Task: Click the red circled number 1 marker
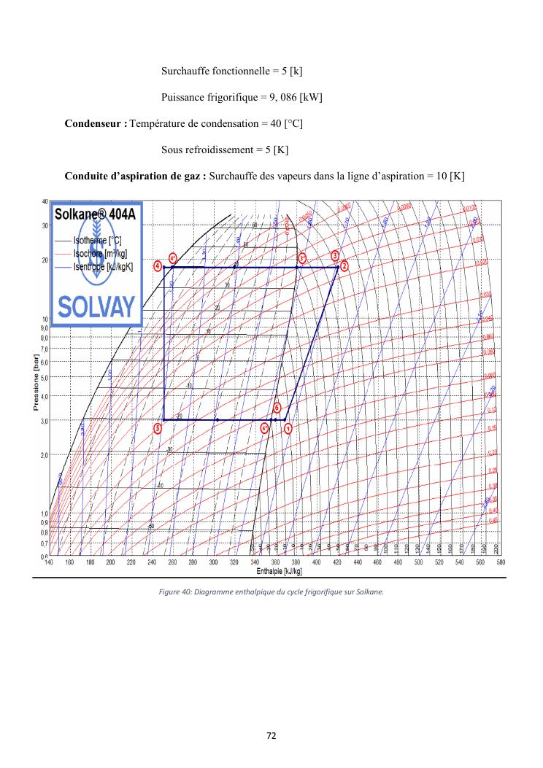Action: point(288,428)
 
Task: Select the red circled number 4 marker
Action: point(158,266)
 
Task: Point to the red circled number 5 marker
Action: point(158,428)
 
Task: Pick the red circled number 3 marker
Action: point(335,256)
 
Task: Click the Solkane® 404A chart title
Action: point(94,214)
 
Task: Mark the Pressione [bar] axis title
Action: point(36,379)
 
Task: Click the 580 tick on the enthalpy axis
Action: point(501,562)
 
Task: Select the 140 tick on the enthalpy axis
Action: point(49,562)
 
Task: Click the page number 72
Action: point(271,734)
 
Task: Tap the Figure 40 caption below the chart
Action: point(271,591)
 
